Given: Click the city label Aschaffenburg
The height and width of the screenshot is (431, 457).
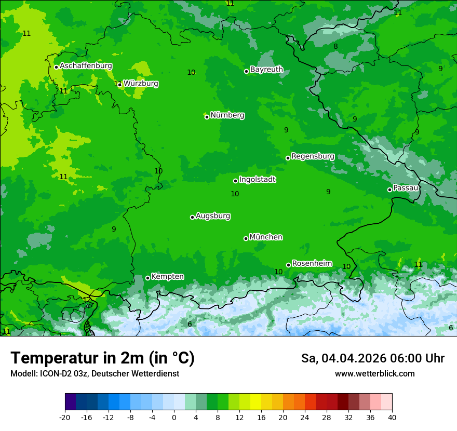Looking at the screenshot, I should click(86, 66).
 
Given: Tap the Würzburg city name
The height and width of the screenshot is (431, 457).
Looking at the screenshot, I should click(141, 84).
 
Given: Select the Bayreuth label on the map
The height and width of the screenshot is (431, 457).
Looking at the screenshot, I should click(266, 70).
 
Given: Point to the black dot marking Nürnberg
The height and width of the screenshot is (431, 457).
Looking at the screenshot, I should click(207, 117).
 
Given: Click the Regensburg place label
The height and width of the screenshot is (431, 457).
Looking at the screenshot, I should click(313, 156).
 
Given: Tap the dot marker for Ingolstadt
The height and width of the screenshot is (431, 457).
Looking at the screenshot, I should click(235, 181).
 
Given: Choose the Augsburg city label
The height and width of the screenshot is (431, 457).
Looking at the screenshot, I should click(213, 216).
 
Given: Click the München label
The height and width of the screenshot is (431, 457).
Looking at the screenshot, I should click(266, 237).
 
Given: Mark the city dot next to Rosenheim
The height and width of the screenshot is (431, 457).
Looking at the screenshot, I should click(288, 265).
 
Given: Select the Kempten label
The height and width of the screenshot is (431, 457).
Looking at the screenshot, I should click(167, 277).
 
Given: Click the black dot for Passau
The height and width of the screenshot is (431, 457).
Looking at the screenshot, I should click(389, 190).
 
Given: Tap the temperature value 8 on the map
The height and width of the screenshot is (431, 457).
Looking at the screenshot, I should click(335, 46).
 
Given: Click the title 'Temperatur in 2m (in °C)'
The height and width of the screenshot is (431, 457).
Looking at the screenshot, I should click(102, 358).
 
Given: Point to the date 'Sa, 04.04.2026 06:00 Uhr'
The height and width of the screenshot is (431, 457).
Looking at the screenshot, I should click(372, 358).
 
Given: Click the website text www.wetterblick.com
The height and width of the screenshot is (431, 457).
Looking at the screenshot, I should click(374, 373).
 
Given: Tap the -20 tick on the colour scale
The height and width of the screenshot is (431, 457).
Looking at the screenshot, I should click(65, 417).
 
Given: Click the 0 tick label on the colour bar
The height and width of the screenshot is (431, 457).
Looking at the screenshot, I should click(174, 417).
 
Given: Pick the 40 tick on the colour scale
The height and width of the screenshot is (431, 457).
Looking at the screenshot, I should click(392, 417).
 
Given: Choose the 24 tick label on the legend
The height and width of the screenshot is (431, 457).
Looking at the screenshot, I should click(305, 417).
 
